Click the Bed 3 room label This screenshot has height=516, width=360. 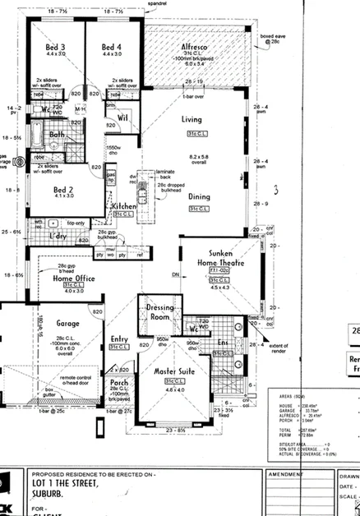(56, 48)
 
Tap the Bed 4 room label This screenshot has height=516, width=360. (112, 48)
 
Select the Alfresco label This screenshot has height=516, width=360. (197, 48)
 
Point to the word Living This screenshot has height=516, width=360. (192, 120)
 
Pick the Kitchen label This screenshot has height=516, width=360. (124, 205)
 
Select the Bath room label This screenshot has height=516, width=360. (57, 135)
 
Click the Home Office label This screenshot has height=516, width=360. (74, 279)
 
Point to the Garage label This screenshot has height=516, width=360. (68, 324)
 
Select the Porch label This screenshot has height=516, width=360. (119, 382)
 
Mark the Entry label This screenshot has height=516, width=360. (119, 339)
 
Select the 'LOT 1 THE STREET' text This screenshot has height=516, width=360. (66, 484)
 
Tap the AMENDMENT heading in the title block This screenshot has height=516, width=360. (288, 475)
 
